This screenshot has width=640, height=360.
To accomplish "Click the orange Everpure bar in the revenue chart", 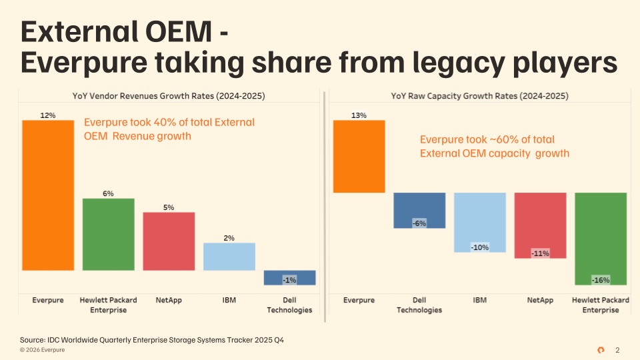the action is coord(48,195).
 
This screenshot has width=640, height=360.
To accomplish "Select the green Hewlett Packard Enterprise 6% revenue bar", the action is coord(109,234).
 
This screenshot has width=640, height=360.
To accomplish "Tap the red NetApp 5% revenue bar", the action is coord(169,241).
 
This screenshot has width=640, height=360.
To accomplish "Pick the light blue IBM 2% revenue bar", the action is coord(229,256).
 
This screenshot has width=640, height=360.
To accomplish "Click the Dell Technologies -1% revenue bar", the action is coord(290,277).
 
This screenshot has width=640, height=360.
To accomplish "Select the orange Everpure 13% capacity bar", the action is coord(359,156).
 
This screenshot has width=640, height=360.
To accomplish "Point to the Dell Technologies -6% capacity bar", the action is coord(419,210).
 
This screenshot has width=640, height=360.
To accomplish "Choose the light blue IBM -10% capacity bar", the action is coord(480,223).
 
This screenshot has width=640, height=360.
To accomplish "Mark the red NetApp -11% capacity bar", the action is coord(541,225).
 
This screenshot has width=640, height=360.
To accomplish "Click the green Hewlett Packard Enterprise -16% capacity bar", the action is coord(601,239).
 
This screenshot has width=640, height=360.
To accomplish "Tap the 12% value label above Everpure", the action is coord(48,115).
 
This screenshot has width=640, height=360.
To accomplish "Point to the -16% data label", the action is coord(601,280).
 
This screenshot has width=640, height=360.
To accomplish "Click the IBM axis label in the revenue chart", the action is coord(229,300).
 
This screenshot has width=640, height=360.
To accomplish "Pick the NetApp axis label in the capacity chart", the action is coord(540,300).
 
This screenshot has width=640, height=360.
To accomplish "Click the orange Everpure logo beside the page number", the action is coord(601,350).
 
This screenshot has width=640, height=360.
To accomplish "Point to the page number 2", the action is coord(617,350).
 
